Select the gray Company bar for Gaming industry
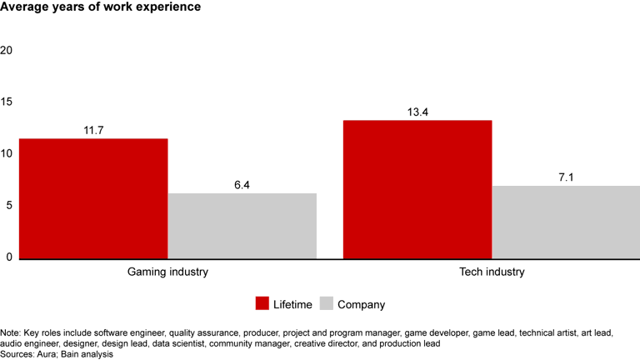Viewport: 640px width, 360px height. click(242, 226)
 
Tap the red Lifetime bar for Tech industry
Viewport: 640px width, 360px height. click(417, 189)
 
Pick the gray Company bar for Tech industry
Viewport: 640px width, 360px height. click(566, 222)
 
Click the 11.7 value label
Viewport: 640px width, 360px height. click(93, 130)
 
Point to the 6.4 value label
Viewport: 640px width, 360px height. click(242, 184)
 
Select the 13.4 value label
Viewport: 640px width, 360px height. click(417, 112)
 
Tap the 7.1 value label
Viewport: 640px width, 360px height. click(567, 177)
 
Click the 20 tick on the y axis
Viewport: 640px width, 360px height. click(7, 50)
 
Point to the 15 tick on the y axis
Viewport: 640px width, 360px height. click(7, 102)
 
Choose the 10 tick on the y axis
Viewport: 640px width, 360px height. click(7, 154)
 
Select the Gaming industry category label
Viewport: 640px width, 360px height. click(167, 272)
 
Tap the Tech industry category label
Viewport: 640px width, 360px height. click(492, 272)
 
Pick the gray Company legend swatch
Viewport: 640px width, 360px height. click(325, 303)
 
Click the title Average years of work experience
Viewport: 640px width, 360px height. click(99, 8)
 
